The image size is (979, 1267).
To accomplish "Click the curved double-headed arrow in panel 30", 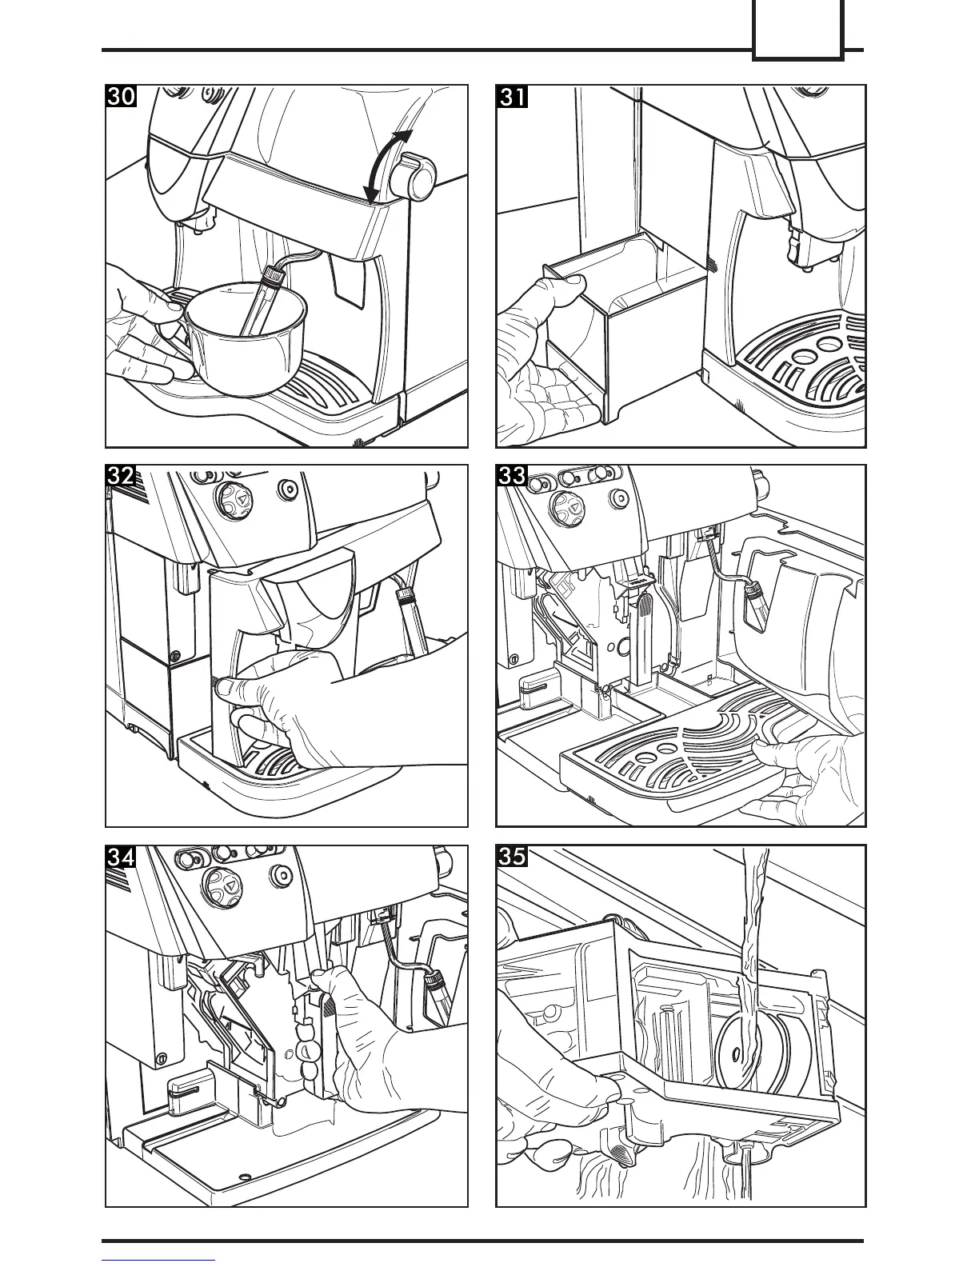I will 387,166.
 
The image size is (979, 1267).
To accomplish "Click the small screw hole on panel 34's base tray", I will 244,1176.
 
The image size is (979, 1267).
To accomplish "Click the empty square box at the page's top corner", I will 797,30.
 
